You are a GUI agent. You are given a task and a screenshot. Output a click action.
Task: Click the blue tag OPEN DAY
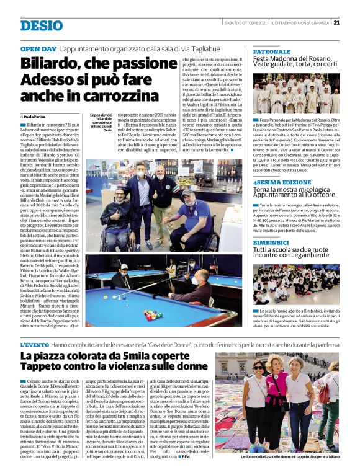[38, 48]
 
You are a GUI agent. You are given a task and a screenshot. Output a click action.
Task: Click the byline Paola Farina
[37, 117]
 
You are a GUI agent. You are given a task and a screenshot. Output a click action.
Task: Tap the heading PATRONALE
[272, 51]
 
